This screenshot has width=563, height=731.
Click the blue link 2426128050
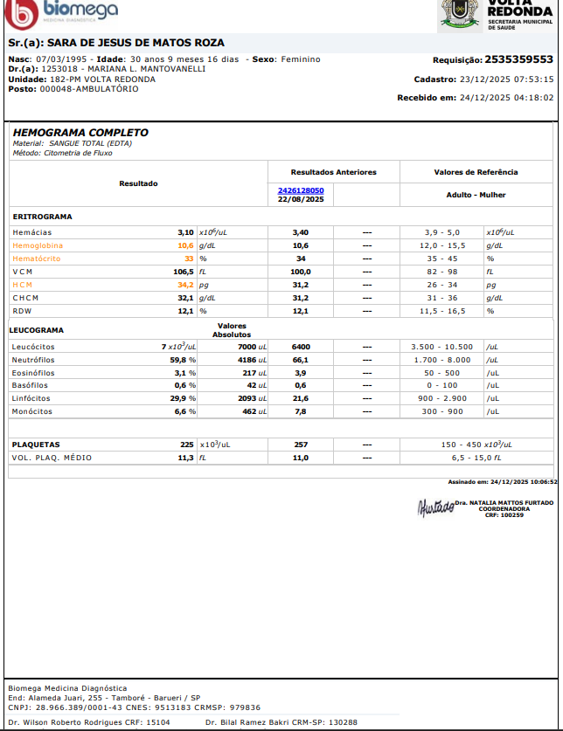pyautogui.click(x=301, y=190)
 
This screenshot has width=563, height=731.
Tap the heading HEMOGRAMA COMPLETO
pyautogui.click(x=80, y=133)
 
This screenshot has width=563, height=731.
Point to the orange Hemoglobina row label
pyautogui.click(x=38, y=245)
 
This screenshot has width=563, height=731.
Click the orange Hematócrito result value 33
pyautogui.click(x=189, y=259)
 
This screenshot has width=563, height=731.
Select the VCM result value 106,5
pyautogui.click(x=181, y=272)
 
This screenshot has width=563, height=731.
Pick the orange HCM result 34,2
pyautogui.click(x=184, y=285)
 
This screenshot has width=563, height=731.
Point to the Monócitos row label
pyautogui.click(x=31, y=411)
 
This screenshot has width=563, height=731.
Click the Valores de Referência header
pyautogui.click(x=476, y=172)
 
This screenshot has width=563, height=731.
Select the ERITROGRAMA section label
pyautogui.click(x=42, y=216)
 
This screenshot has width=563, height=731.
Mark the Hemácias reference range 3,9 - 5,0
pyautogui.click(x=441, y=232)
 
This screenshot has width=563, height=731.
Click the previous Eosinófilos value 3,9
pyautogui.click(x=301, y=372)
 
